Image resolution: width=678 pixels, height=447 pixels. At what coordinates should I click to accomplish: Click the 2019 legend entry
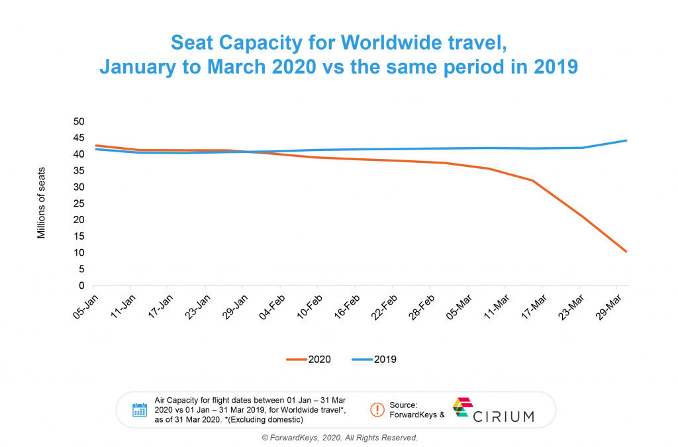(374, 360)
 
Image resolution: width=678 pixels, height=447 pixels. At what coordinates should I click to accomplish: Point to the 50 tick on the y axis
(79, 122)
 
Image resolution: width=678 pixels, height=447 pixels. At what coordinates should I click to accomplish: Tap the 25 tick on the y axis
(79, 204)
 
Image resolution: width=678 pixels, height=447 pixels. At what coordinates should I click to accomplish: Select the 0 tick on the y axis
(82, 286)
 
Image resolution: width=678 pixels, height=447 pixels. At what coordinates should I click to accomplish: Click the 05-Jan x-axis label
(85, 305)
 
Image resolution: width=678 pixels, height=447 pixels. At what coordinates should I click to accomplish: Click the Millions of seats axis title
(41, 203)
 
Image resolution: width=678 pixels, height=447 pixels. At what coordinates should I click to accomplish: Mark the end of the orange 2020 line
(626, 252)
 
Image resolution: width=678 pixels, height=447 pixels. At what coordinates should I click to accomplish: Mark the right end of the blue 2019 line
(626, 140)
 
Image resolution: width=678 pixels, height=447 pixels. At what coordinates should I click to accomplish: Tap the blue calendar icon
(140, 410)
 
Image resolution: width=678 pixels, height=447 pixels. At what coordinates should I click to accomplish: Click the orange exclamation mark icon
(377, 409)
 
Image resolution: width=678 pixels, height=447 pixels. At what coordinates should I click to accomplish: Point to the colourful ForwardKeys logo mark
(461, 407)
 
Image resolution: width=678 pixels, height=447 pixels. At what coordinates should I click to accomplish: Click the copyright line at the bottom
(340, 438)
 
